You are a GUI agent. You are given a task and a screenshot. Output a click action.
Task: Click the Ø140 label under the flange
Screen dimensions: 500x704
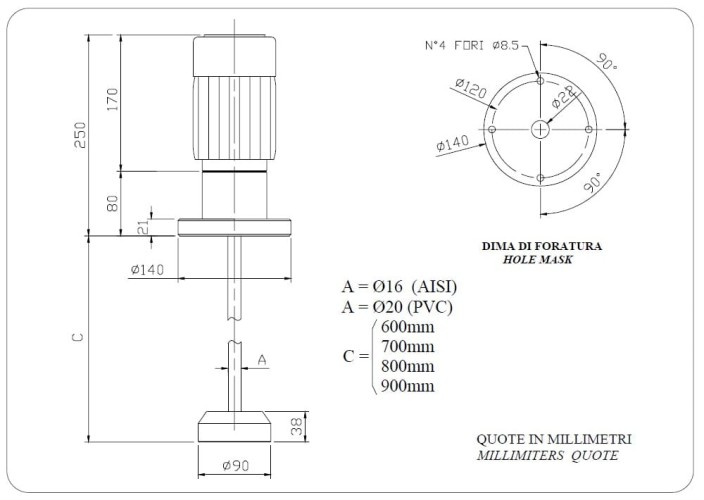coord(147,269)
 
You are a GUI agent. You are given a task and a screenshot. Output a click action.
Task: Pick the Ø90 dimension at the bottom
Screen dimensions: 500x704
coord(235,466)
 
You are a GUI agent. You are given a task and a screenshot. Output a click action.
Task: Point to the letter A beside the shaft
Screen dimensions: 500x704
coord(262,358)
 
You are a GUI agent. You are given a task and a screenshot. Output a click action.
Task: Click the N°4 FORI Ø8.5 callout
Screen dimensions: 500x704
coord(470,45)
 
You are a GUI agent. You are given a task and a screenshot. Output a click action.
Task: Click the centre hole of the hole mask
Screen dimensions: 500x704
coord(540,129)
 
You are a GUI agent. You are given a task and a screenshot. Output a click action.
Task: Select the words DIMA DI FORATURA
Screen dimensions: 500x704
coord(540,244)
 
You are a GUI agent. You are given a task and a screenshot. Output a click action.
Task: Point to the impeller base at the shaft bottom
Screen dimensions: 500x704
coord(235,427)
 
